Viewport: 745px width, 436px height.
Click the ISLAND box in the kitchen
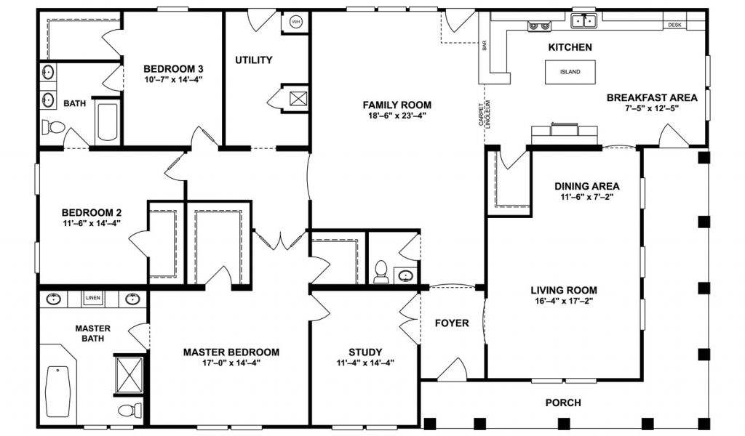point(570,72)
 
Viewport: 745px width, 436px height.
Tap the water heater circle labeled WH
point(296,22)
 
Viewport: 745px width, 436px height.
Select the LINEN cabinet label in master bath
point(93,298)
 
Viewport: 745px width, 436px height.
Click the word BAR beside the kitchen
point(485,45)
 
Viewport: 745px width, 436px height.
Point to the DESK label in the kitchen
point(674,25)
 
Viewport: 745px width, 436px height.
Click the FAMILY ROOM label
point(397,105)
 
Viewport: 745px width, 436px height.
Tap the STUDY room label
point(365,352)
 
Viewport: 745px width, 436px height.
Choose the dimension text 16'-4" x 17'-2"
point(564,300)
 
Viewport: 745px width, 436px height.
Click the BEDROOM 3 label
point(170,69)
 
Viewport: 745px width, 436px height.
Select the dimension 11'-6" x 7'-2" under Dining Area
point(587,196)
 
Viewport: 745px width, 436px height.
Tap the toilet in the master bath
point(130,410)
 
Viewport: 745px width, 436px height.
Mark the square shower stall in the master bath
point(130,375)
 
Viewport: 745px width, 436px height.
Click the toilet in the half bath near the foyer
point(381,272)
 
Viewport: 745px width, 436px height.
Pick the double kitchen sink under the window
point(584,21)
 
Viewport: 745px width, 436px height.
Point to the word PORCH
point(563,403)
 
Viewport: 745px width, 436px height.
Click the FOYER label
point(452,323)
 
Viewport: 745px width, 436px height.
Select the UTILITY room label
point(254,60)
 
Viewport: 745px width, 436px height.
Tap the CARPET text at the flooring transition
point(482,114)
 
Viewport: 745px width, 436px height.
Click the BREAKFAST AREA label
point(652,97)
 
